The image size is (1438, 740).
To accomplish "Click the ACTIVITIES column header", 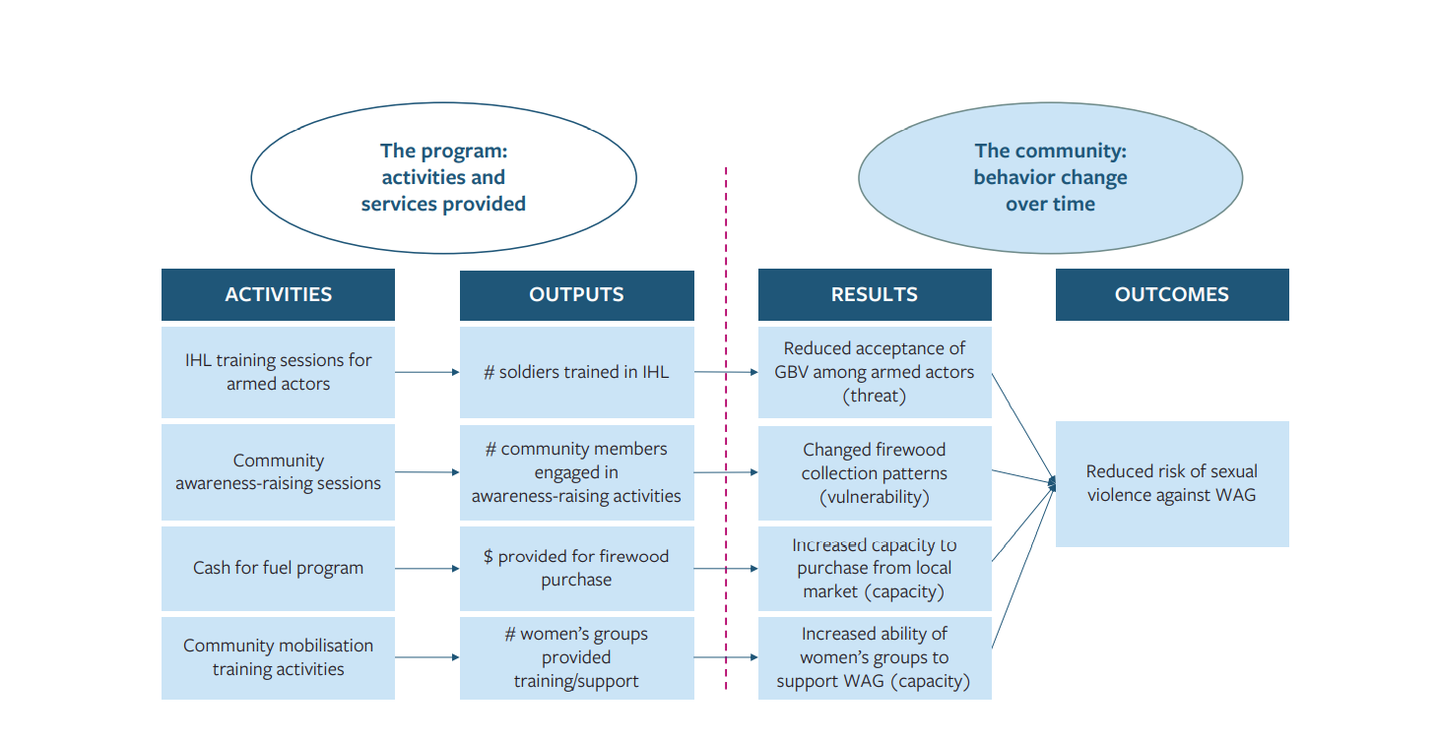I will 278,294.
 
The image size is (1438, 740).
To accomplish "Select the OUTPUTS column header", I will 576,294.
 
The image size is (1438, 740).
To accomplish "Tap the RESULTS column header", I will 874,294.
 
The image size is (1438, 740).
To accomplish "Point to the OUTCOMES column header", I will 1171,294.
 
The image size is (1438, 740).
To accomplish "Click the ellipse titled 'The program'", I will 443,178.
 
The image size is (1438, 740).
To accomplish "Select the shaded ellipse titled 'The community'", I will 1050,178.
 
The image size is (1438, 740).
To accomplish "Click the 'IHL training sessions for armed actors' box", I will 278,372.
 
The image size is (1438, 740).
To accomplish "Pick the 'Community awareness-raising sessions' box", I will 278,472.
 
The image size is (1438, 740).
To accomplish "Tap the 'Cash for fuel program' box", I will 278,569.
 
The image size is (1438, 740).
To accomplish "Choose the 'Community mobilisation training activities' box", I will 278,657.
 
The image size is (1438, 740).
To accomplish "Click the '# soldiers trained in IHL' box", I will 576,372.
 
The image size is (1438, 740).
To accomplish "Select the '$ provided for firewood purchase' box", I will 576,569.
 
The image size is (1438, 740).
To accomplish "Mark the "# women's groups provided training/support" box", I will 576,657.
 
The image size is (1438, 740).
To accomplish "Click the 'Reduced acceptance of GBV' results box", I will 874,372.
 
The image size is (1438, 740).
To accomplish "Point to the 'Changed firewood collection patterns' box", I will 874,472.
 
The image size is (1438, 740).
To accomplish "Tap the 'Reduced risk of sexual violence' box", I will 1171,483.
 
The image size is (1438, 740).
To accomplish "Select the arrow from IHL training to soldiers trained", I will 426,372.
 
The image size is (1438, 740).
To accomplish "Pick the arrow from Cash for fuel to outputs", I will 426,569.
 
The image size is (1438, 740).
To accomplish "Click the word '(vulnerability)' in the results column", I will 874,497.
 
